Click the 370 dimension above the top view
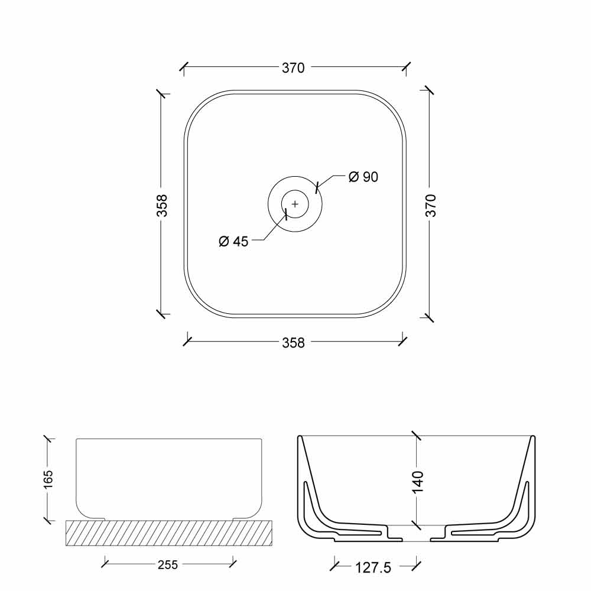click(293, 68)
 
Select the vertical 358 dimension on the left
click(162, 206)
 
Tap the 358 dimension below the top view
click(293, 343)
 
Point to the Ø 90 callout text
click(363, 177)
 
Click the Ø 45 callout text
click(233, 241)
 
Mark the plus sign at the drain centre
click(295, 204)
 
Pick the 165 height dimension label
click(48, 479)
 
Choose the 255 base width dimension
click(168, 564)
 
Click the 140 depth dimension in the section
click(418, 482)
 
